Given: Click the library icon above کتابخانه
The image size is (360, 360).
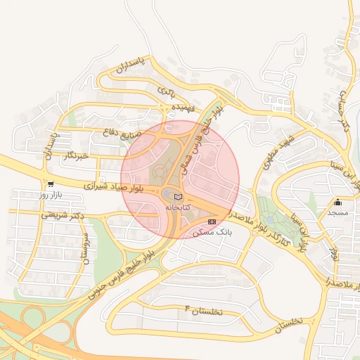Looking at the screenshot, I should point(178,195).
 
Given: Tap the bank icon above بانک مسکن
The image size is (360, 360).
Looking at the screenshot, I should point(212,221).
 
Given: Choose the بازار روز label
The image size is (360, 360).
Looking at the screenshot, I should point(51,193).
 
